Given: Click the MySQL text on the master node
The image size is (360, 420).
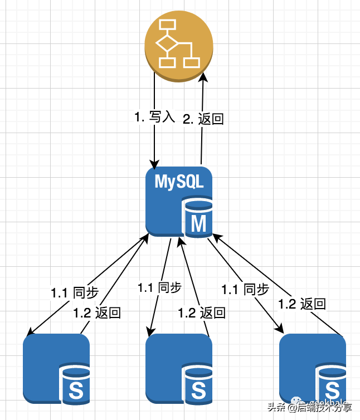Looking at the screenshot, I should tap(179, 182).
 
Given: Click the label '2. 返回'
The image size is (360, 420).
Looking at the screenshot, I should tap(203, 119).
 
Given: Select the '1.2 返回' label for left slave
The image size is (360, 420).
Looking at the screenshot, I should tap(97, 312).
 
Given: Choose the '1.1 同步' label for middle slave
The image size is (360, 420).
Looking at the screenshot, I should tap(159, 287).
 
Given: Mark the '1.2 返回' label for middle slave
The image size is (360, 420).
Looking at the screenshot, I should tap(202, 312).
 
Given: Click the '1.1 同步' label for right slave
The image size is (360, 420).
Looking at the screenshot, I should tap(245, 289).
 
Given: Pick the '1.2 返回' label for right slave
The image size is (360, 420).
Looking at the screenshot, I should tap(301, 304).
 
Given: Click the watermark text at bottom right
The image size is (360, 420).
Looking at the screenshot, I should tap(312, 407).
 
